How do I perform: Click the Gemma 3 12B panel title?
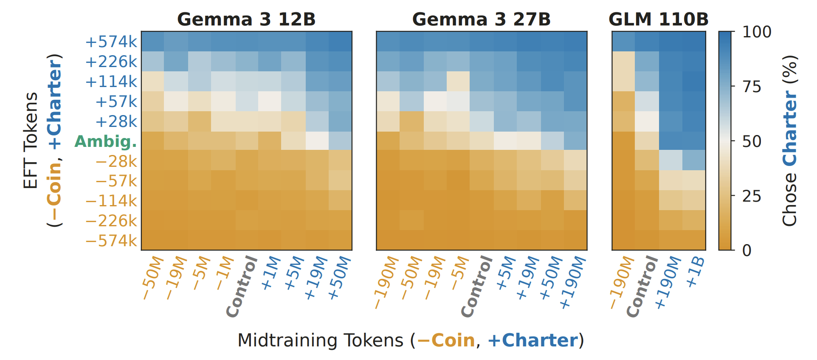coord(246,20)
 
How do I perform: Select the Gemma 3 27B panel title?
coord(482,20)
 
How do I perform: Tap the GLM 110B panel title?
coord(659,20)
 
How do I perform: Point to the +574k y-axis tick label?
coord(111,42)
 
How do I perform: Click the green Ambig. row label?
coord(106,141)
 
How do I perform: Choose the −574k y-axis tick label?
coord(111,241)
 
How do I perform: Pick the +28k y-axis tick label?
coord(116,121)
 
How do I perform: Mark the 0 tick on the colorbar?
coord(747,250)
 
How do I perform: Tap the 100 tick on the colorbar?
coord(757,32)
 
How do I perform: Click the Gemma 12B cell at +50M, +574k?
coord(340,42)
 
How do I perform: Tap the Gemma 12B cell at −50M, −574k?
coord(153,240)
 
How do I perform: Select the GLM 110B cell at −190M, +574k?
coord(623,42)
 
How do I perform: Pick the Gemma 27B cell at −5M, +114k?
coord(458,82)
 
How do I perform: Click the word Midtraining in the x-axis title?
coord(320,340)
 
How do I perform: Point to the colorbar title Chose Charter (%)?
coord(789,141)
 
